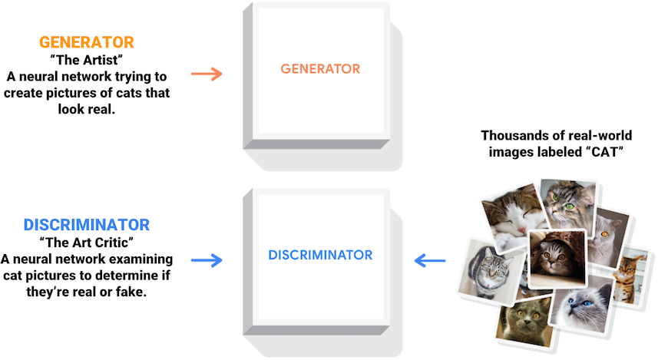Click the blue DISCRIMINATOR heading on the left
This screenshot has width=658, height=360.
pos(86,225)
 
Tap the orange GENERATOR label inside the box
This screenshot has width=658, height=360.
pos(320,69)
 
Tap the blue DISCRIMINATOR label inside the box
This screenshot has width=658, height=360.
pos(320,255)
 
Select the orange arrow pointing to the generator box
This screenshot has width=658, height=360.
pos(206,74)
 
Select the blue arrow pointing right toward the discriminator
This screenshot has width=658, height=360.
pos(206,260)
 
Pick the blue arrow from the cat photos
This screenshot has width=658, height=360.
pos(430,261)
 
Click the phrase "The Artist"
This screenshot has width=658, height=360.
pos(86,59)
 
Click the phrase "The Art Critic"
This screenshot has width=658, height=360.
pos(86,243)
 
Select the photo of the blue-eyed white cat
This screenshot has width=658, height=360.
pos(582,306)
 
